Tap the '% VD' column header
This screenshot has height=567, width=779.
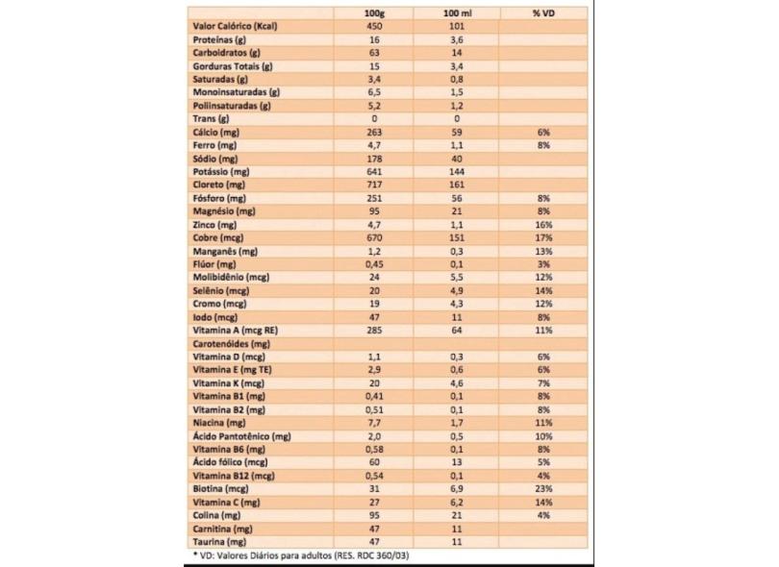(543, 12)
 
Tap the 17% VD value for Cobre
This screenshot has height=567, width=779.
(543, 236)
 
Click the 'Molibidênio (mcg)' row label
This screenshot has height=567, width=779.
(230, 276)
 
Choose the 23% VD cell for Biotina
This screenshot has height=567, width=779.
(543, 488)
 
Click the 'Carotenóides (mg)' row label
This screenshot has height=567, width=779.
(231, 342)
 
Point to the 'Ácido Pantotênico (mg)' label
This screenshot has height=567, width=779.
(241, 435)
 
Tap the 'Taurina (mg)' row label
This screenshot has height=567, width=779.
(220, 541)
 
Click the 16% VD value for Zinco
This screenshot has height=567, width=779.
(543, 223)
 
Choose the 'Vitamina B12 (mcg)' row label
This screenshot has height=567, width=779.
(234, 475)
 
